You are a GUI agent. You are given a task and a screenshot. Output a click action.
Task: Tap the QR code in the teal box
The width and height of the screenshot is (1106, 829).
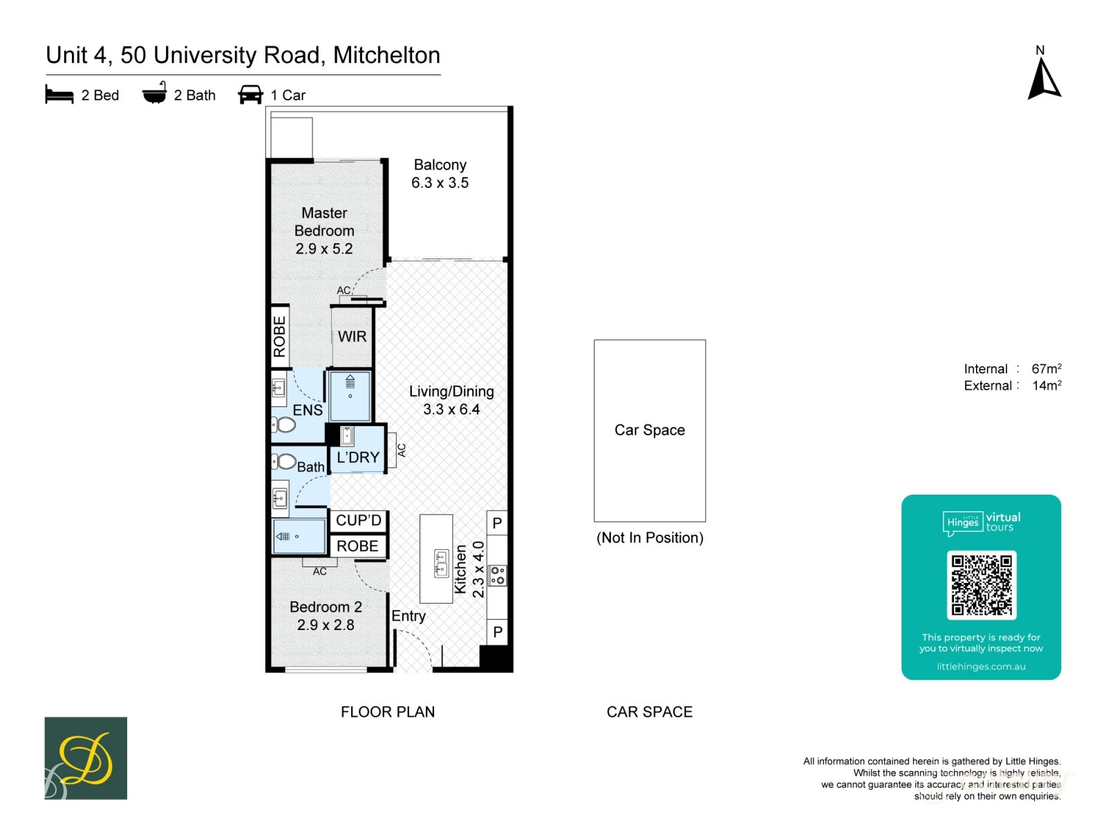tap(981, 584)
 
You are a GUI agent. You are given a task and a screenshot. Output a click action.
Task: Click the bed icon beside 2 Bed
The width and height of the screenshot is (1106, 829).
tap(59, 95)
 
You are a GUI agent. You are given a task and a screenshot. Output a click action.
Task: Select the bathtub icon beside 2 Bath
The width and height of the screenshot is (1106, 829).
tap(154, 93)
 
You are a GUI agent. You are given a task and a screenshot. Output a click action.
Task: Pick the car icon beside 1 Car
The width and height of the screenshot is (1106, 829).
tap(250, 95)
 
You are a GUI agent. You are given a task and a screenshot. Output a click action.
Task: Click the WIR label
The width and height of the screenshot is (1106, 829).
tap(352, 336)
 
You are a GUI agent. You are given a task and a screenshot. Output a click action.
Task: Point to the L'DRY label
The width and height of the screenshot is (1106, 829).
tap(357, 457)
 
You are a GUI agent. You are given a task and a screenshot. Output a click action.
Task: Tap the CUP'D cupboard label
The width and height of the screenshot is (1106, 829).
tap(358, 520)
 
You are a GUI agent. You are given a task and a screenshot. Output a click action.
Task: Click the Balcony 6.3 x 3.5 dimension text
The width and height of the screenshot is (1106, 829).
tap(440, 183)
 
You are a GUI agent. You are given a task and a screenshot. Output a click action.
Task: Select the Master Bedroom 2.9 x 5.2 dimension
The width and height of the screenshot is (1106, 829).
tap(324, 249)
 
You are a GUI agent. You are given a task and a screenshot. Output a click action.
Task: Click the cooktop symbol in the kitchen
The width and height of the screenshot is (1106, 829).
tap(497, 575)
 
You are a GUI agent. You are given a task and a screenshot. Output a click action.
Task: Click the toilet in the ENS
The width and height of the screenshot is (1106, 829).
tap(283, 424)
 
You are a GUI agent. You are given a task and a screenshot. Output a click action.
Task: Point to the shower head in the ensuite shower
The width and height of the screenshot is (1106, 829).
tap(350, 381)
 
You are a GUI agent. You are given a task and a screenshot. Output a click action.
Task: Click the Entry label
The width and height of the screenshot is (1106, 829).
tap(408, 616)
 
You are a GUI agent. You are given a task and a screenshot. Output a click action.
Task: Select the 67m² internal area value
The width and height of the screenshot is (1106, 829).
tap(1046, 369)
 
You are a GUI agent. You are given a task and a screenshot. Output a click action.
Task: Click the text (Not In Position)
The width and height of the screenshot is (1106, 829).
tap(649, 537)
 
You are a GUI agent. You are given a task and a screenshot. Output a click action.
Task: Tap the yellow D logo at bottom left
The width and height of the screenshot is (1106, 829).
tap(86, 759)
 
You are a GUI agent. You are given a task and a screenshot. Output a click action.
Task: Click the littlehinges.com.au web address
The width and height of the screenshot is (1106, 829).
tap(980, 667)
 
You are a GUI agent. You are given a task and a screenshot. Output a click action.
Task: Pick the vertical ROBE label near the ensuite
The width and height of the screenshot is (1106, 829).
tap(279, 336)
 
